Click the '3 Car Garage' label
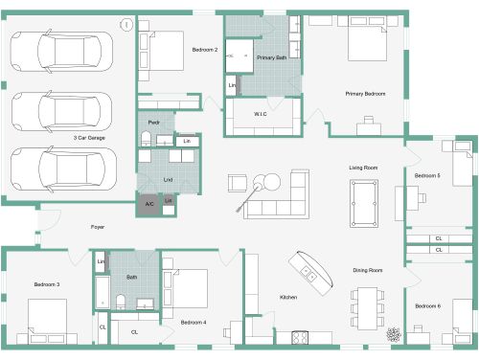pyautogui.click(x=89, y=138)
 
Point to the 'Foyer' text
pyautogui.click(x=98, y=227)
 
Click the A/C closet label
pyautogui.click(x=149, y=204)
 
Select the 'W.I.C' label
pyautogui.click(x=260, y=114)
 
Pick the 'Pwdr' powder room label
pyautogui.click(x=153, y=123)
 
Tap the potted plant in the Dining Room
pyautogui.click(x=393, y=334)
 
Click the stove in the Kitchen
pyautogui.click(x=297, y=338)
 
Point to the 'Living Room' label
pyautogui.click(x=363, y=168)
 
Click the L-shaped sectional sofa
pyautogui.click(x=284, y=196)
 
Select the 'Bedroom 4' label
pyautogui.click(x=194, y=322)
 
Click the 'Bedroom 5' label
pyautogui.click(x=427, y=176)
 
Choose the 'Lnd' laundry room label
pyautogui.click(x=169, y=178)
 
